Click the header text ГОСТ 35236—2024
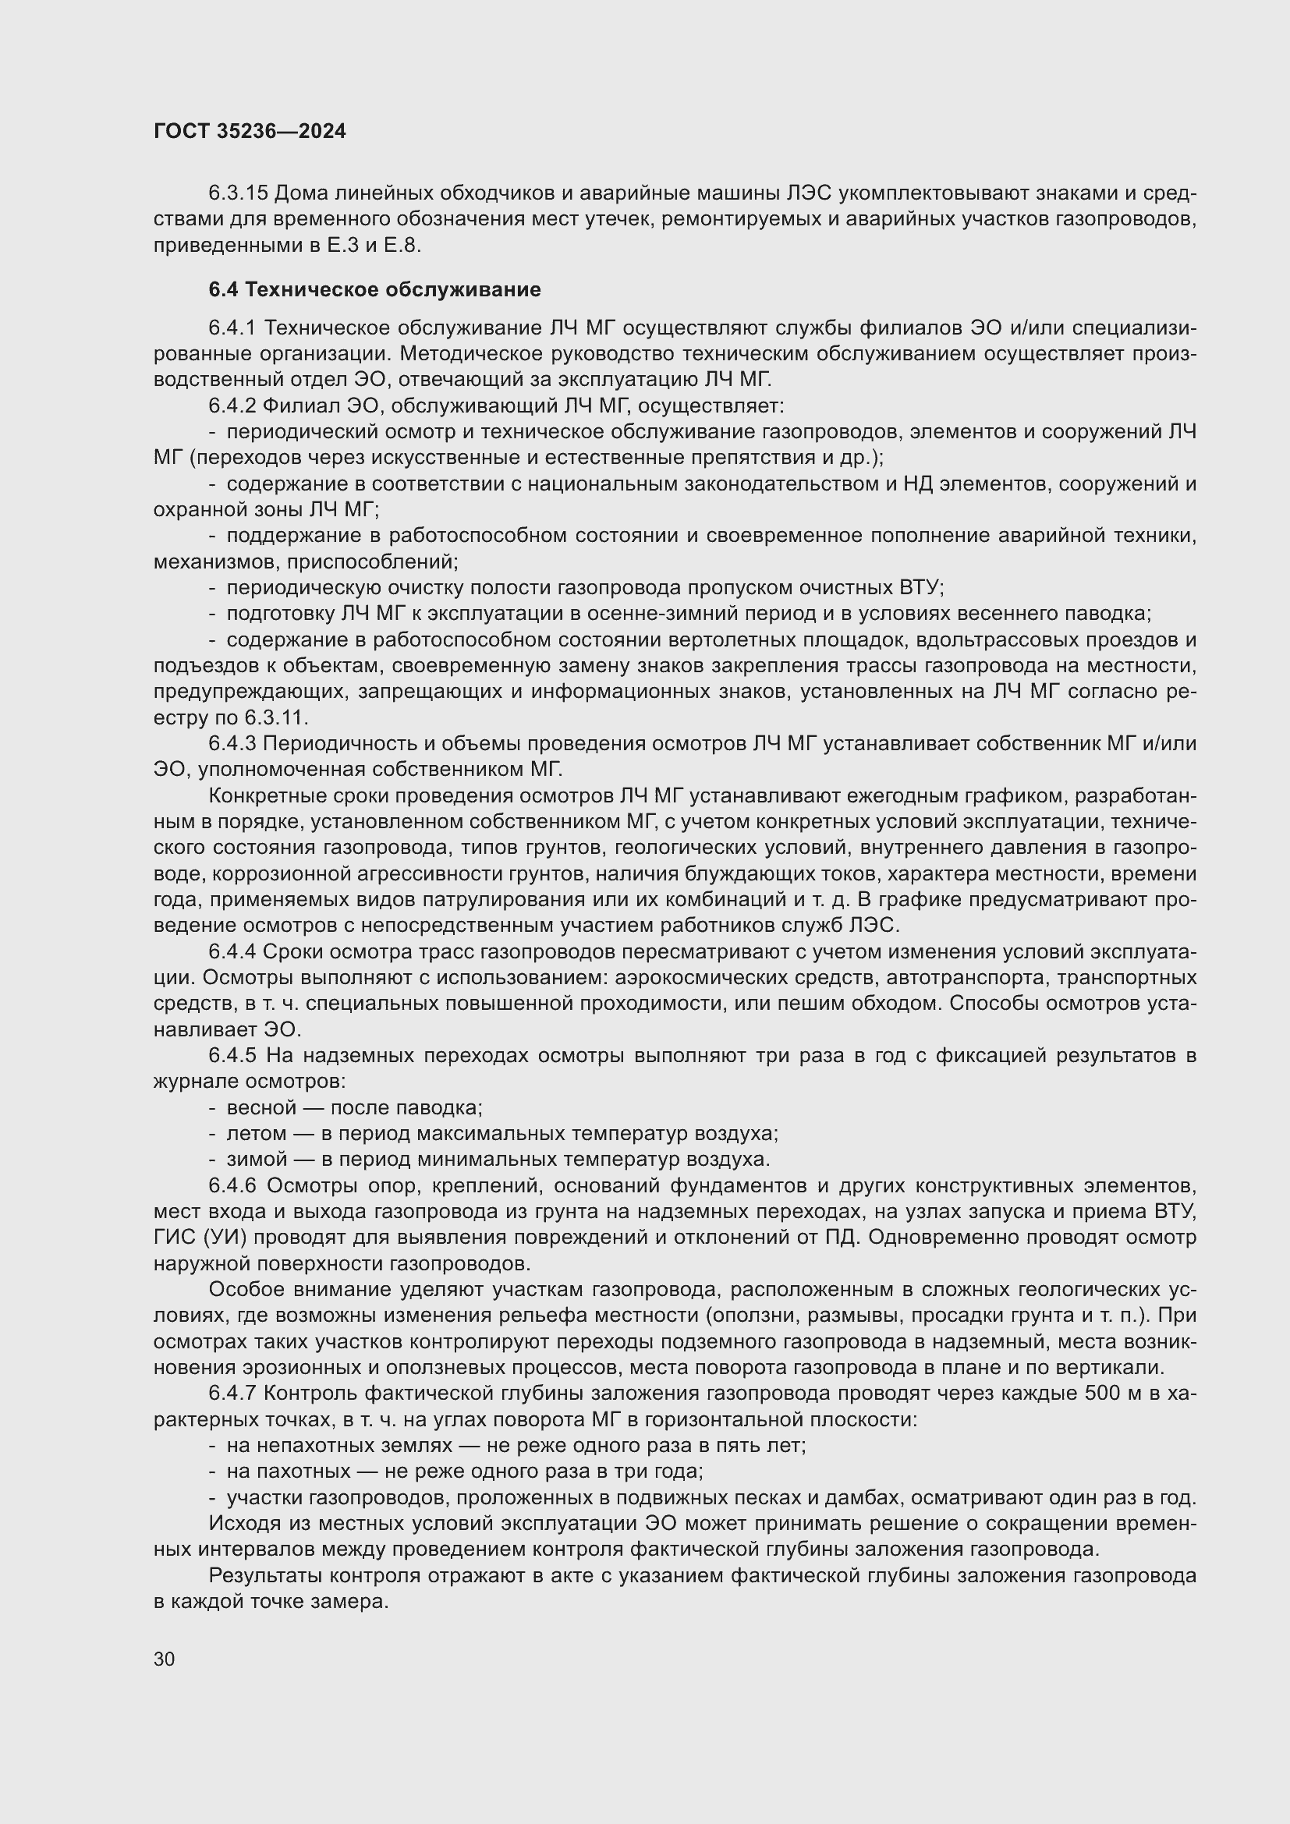click(250, 132)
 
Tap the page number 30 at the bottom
click(165, 1659)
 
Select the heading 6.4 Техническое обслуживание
click(374, 290)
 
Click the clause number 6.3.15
click(238, 193)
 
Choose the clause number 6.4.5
click(232, 1056)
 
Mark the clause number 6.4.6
click(232, 1186)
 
